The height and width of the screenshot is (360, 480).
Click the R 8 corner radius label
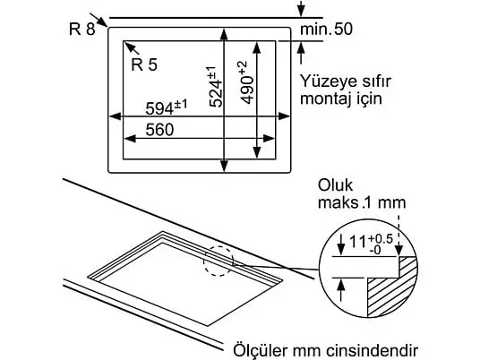pyautogui.click(x=82, y=30)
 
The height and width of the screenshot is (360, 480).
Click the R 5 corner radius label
pyautogui.click(x=144, y=64)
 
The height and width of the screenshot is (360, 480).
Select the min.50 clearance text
pyautogui.click(x=326, y=29)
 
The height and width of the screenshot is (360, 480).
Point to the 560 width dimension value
pyautogui.click(x=159, y=130)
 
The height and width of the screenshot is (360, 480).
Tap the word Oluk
pyautogui.click(x=335, y=185)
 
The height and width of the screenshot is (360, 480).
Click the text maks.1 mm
pyautogui.click(x=362, y=202)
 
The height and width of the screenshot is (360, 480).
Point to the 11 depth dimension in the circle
pyautogui.click(x=358, y=242)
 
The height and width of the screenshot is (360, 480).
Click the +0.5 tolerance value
pyautogui.click(x=381, y=239)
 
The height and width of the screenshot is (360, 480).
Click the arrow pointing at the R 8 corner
pyautogui.click(x=99, y=21)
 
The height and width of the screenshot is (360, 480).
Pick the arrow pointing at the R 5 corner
pyautogui.click(x=133, y=48)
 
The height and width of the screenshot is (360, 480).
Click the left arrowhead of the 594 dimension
pyautogui.click(x=115, y=116)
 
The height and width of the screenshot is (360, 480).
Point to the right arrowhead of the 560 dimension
pyautogui.click(x=269, y=139)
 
